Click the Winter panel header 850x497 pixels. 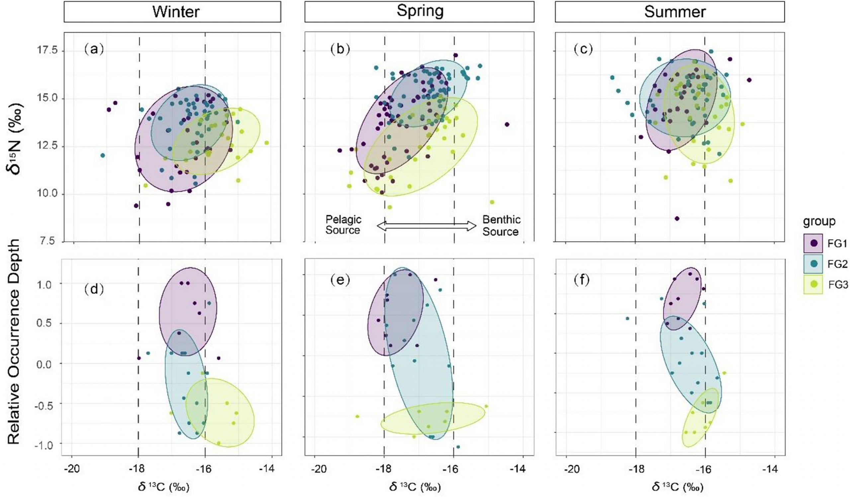172,12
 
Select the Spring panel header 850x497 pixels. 419,12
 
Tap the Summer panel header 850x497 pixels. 670,12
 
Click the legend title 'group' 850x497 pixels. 819,221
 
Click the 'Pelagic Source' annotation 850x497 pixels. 343,225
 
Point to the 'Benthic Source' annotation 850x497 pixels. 501,225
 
